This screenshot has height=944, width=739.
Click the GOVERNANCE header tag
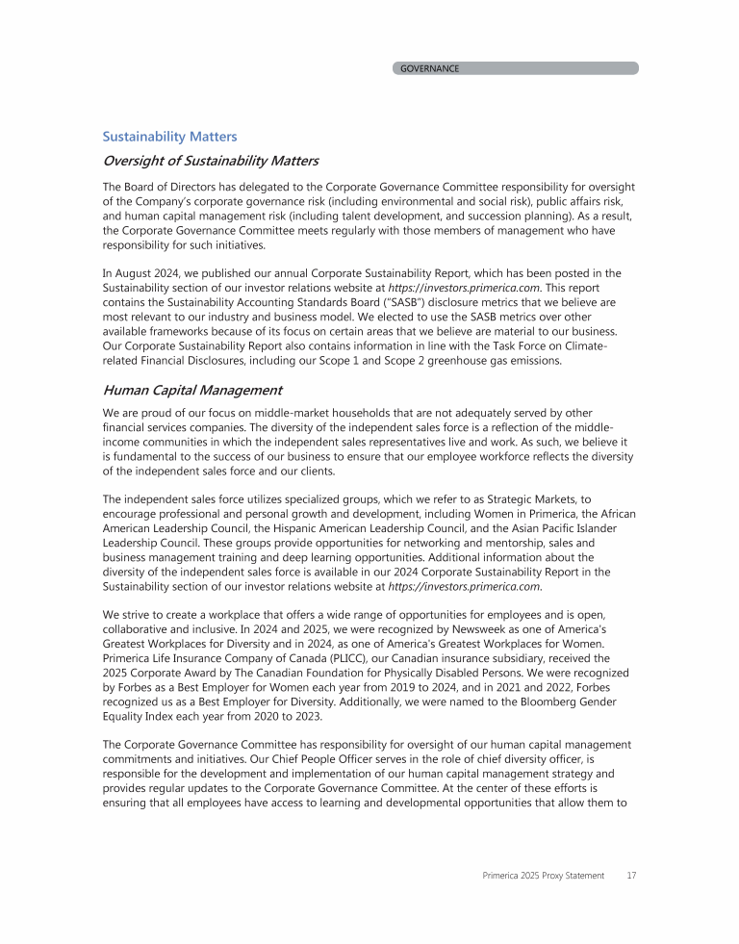point(430,68)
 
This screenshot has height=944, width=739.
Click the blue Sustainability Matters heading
point(169,138)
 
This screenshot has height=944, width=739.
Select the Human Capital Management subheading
point(192,391)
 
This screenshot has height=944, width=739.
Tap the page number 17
point(630,875)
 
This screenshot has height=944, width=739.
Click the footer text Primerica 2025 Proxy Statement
point(544,875)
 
